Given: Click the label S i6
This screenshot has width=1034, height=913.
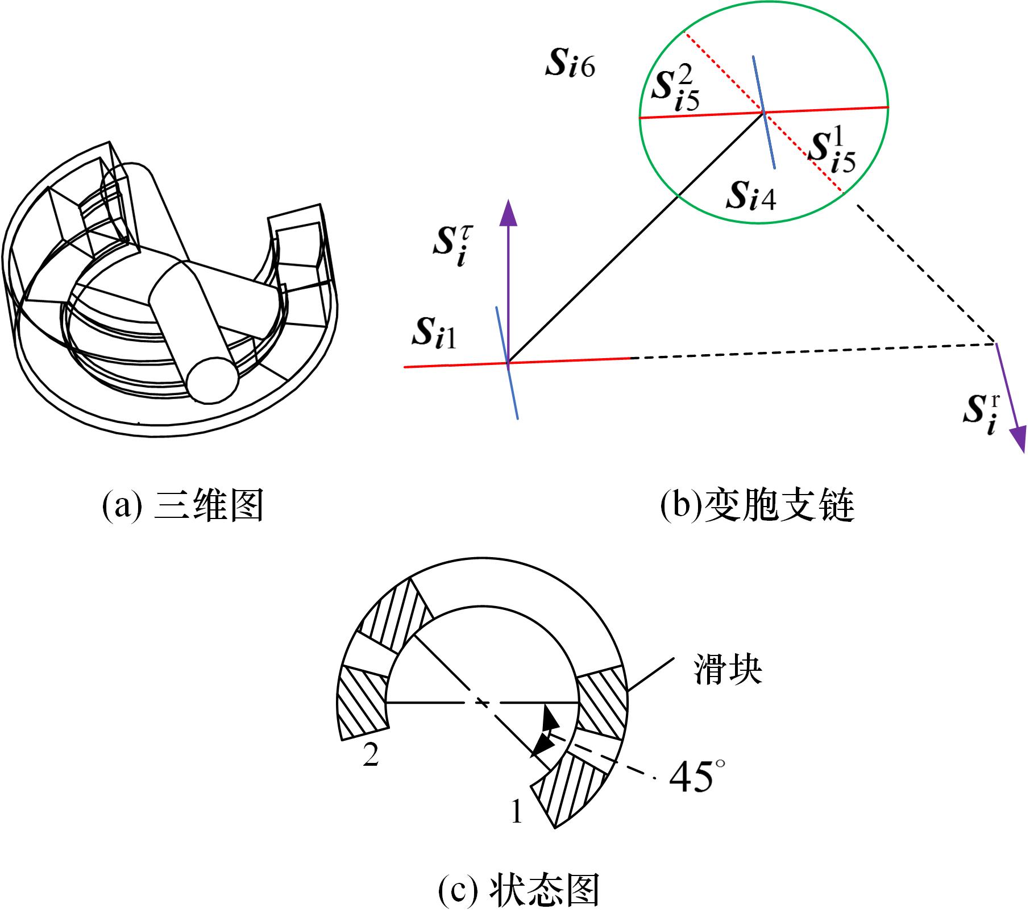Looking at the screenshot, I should [x=570, y=66].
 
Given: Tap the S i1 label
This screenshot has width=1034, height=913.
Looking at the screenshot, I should [x=434, y=334].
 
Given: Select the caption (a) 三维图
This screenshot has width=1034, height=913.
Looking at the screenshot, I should [x=182, y=505].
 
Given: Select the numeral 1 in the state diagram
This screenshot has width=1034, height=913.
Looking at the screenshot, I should [x=516, y=811].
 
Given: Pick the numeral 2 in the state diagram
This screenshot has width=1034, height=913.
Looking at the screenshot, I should [x=371, y=756].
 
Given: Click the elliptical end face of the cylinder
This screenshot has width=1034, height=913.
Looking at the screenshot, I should [x=212, y=380].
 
